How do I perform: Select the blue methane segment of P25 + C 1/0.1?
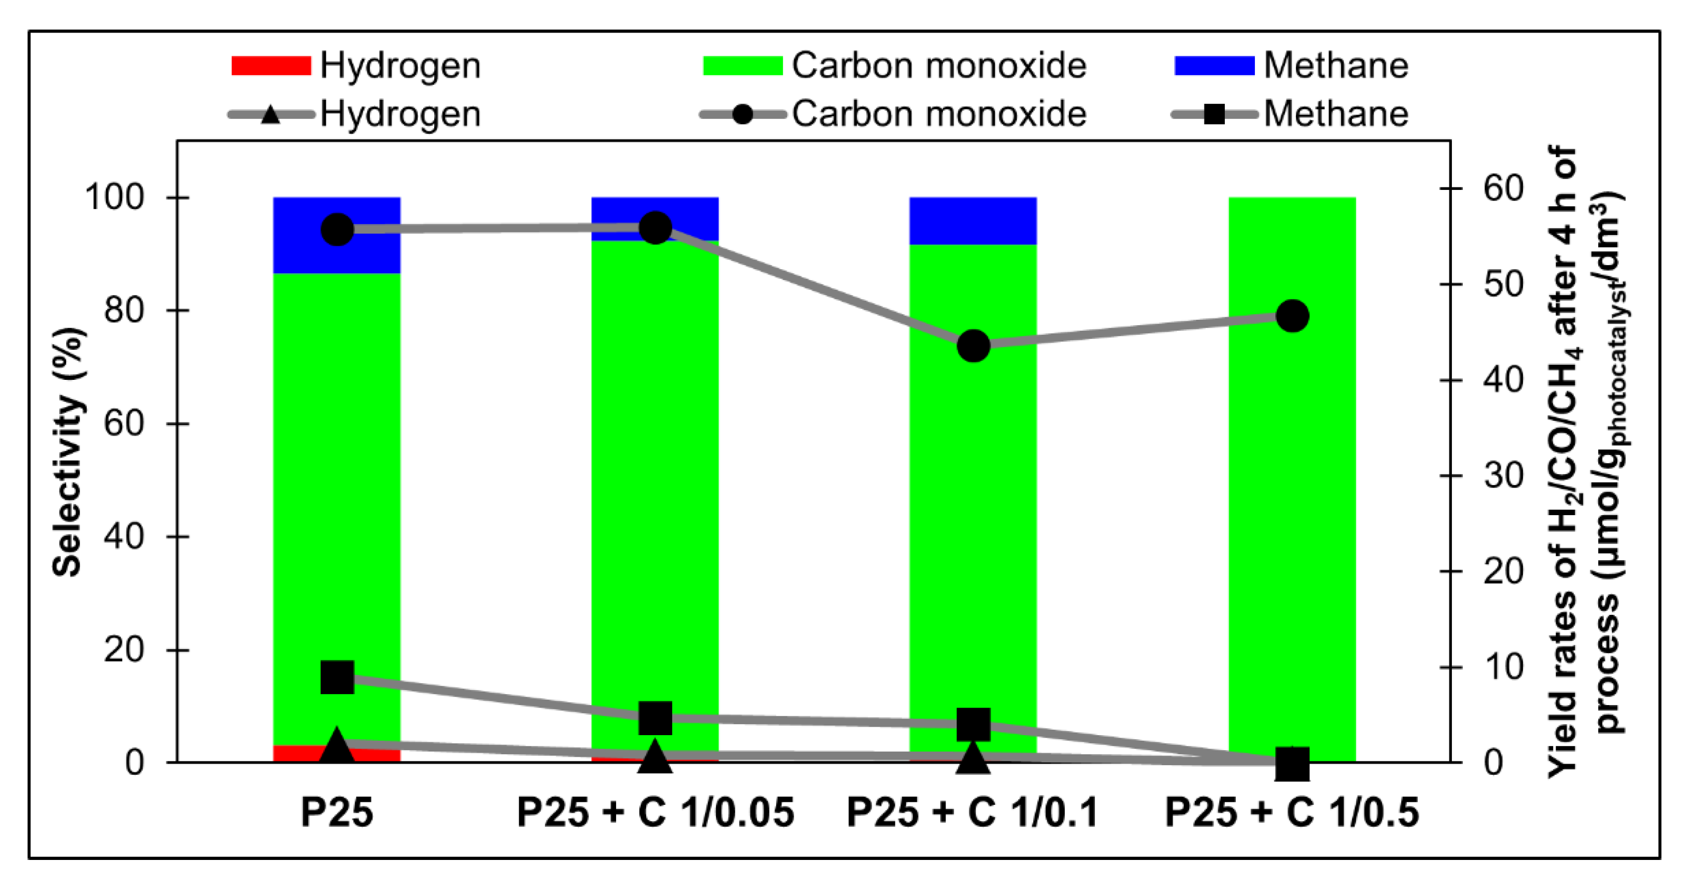(973, 220)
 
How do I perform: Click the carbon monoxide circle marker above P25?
(337, 230)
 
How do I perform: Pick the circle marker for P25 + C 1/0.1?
(973, 345)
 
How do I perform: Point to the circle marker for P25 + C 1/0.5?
(1292, 316)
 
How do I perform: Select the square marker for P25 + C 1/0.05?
(655, 718)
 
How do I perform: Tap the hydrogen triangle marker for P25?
(337, 745)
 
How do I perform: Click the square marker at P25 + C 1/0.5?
(1292, 764)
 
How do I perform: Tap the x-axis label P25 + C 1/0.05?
(655, 813)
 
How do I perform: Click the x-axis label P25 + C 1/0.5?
(1292, 813)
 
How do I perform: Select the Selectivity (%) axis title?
(67, 451)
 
